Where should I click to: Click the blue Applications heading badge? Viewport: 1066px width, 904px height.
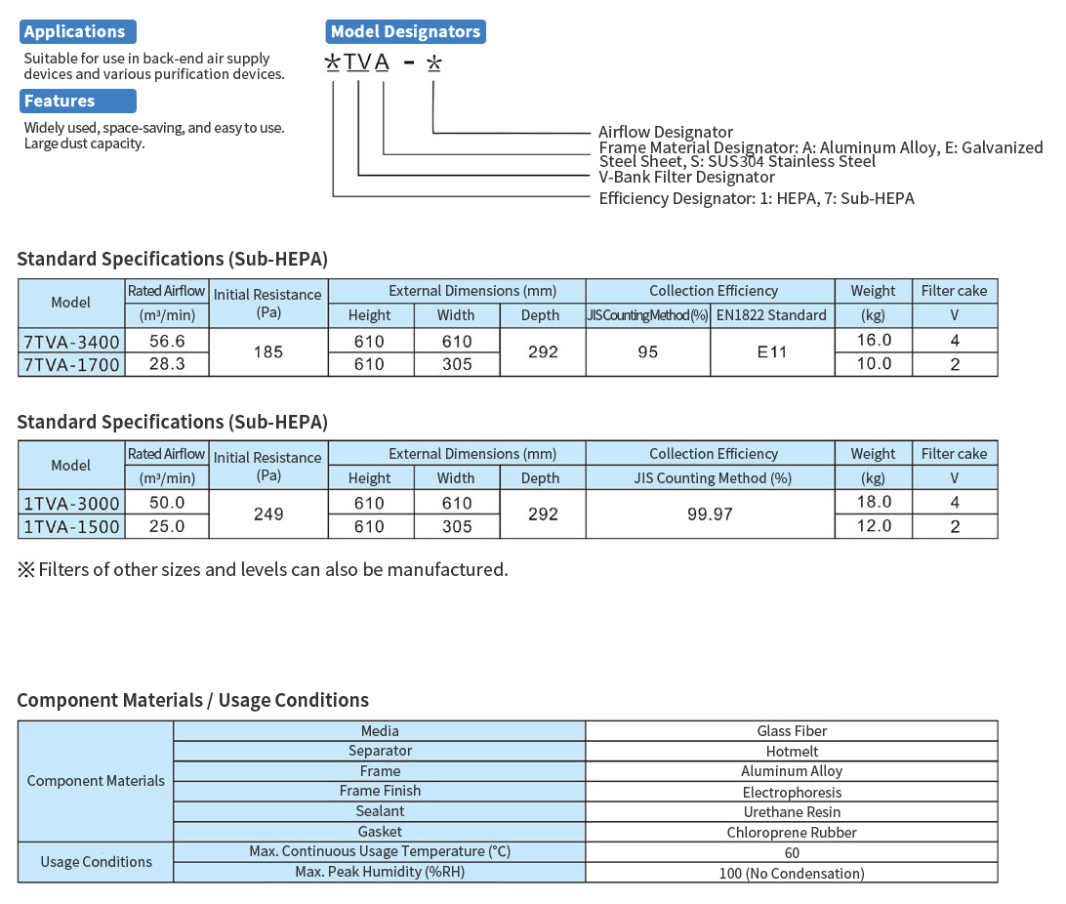pyautogui.click(x=77, y=31)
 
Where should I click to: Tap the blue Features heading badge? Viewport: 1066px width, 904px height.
pyautogui.click(x=77, y=101)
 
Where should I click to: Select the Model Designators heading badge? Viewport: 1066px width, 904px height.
pyautogui.click(x=405, y=31)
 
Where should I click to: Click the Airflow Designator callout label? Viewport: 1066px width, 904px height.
pyautogui.click(x=666, y=132)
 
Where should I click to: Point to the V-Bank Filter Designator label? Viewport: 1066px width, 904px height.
pyautogui.click(x=686, y=177)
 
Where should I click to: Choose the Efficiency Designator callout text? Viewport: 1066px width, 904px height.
pyautogui.click(x=757, y=198)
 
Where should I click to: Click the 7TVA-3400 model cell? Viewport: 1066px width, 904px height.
pyautogui.click(x=71, y=341)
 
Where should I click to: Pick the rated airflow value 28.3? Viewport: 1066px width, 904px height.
pyautogui.click(x=166, y=364)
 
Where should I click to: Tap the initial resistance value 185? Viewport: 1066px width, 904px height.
pyautogui.click(x=267, y=351)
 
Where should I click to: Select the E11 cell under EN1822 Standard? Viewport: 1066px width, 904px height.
pyautogui.click(x=772, y=351)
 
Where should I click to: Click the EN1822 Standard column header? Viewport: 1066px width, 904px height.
pyautogui.click(x=772, y=315)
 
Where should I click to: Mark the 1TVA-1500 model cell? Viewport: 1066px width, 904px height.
pyautogui.click(x=71, y=526)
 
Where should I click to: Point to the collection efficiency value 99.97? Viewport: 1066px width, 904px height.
pyautogui.click(x=710, y=514)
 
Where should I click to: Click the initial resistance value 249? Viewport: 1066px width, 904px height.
pyautogui.click(x=267, y=514)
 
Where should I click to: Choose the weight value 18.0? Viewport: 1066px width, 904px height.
pyautogui.click(x=873, y=502)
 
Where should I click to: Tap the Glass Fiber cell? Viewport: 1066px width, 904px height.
pyautogui.click(x=792, y=730)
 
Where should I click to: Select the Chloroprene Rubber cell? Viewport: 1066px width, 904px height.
pyautogui.click(x=792, y=832)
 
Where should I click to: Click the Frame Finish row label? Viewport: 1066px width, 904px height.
pyautogui.click(x=380, y=791)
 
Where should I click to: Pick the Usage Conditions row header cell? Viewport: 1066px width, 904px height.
pyautogui.click(x=96, y=862)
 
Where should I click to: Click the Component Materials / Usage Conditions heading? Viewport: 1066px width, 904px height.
pyautogui.click(x=193, y=700)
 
